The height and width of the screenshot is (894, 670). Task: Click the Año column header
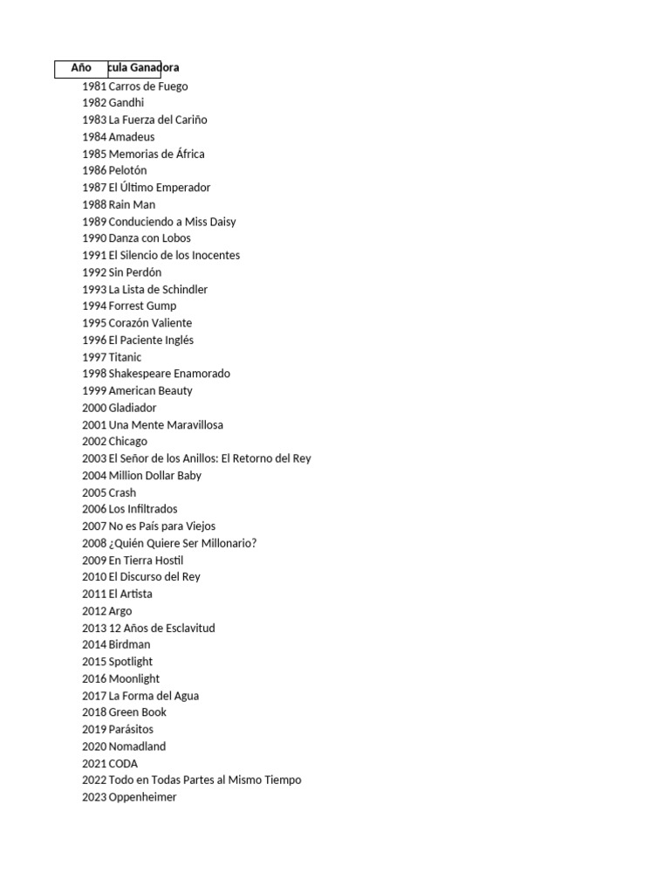pyautogui.click(x=81, y=68)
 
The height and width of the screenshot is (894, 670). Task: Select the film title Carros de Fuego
pyautogui.click(x=147, y=86)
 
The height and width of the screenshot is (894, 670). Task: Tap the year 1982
pyautogui.click(x=94, y=103)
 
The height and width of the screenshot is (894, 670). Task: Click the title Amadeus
pyautogui.click(x=132, y=137)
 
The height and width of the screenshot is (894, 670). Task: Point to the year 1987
pyautogui.click(x=94, y=188)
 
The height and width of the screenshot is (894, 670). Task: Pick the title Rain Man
pyautogui.click(x=132, y=205)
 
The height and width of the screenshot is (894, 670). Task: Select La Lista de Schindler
pyautogui.click(x=158, y=290)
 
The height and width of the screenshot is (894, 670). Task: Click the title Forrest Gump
pyautogui.click(x=142, y=306)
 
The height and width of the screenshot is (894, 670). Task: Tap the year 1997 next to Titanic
pyautogui.click(x=94, y=357)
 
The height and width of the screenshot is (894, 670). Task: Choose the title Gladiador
pyautogui.click(x=133, y=408)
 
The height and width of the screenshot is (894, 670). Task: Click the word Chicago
pyautogui.click(x=128, y=442)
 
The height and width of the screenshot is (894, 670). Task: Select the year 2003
pyautogui.click(x=94, y=458)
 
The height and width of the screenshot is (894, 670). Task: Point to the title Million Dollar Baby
pyautogui.click(x=154, y=476)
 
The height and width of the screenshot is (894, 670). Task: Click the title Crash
pyautogui.click(x=122, y=492)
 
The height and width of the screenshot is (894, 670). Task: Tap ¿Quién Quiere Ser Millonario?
pyautogui.click(x=182, y=543)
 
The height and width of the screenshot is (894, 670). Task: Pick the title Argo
pyautogui.click(x=120, y=611)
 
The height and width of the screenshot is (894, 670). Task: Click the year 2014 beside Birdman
pyautogui.click(x=94, y=645)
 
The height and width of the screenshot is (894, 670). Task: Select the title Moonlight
pyautogui.click(x=134, y=679)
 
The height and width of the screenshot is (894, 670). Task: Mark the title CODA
pyautogui.click(x=123, y=764)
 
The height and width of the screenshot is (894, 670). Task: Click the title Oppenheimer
pyautogui.click(x=142, y=797)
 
